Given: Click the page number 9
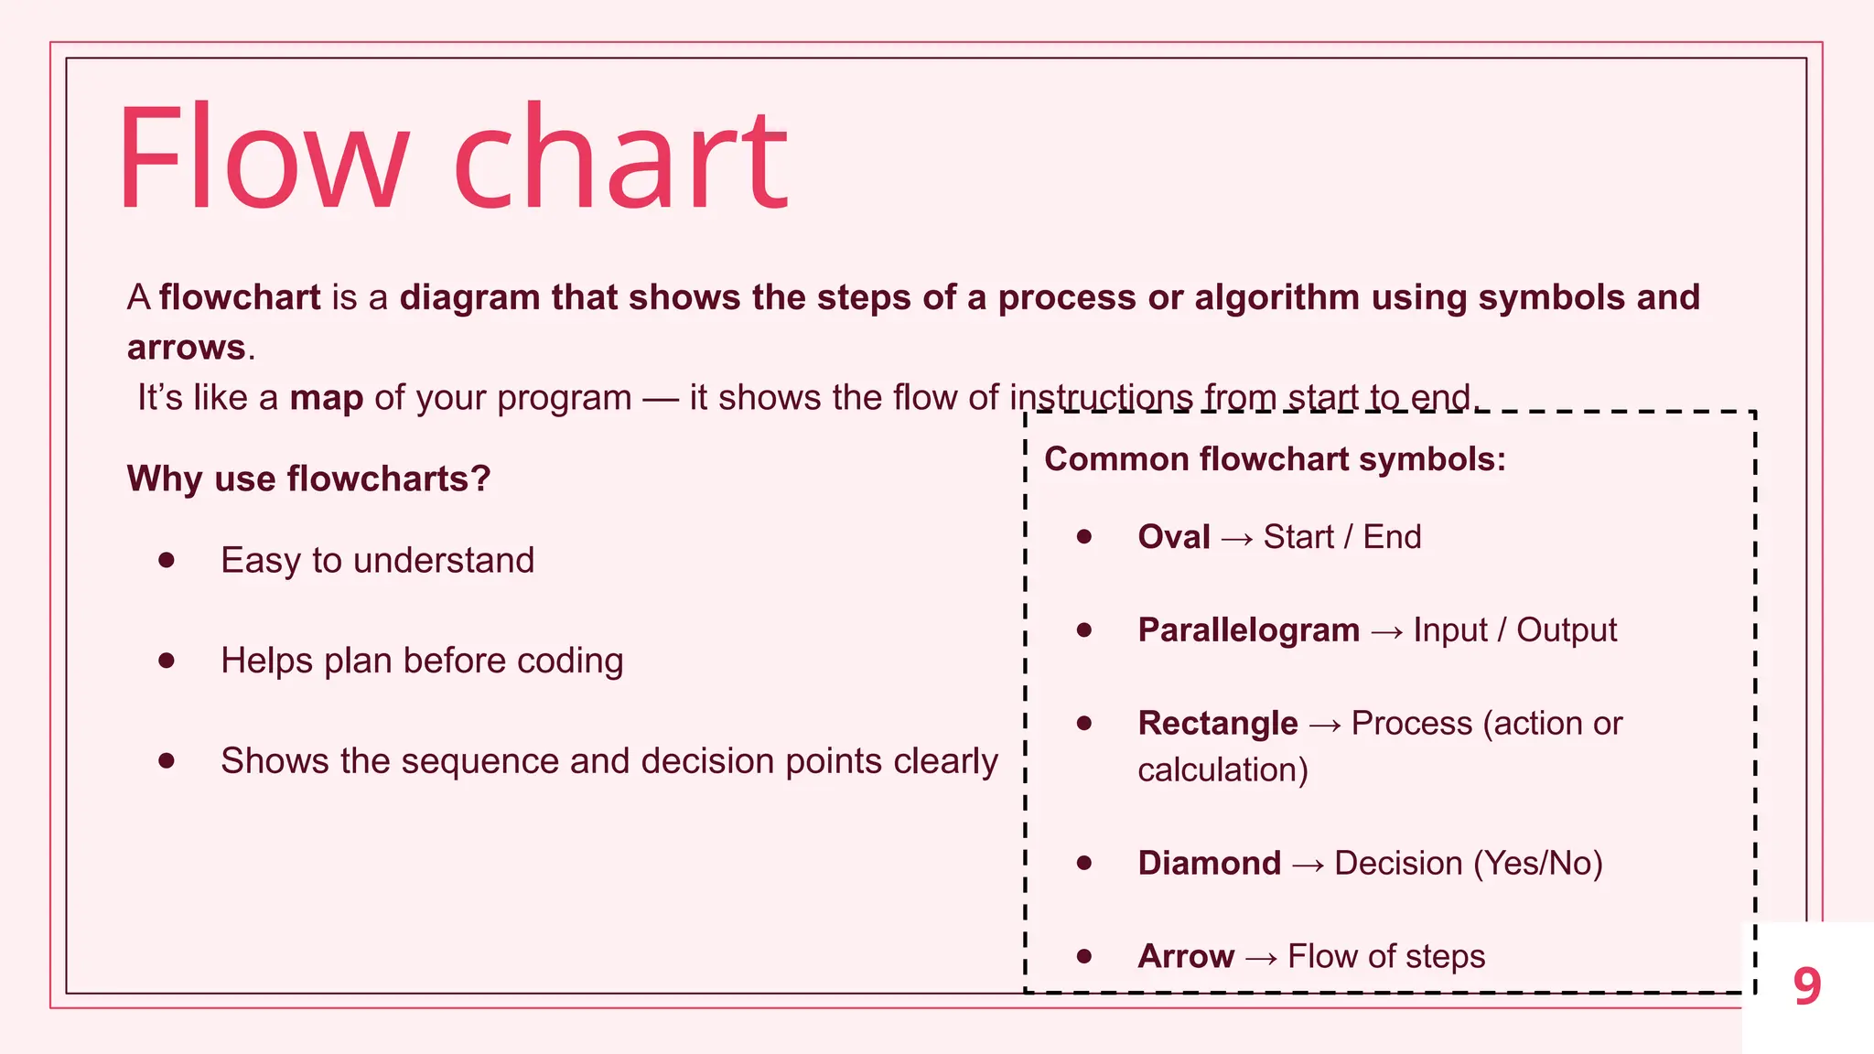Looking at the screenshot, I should coord(1807,986).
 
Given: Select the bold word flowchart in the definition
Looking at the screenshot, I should coord(240,297).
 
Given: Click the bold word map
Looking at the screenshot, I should coord(327,398).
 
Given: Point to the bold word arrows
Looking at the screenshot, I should coord(186,348).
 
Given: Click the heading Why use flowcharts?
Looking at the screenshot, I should coord(308,479).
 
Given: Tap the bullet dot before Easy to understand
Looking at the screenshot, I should coord(167,560).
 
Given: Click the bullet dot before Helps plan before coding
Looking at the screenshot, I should coord(167,660).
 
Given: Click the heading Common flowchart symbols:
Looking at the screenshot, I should coord(1275,458).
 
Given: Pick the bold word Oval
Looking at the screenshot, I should coord(1174,537).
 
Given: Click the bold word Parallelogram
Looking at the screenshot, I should coord(1248,630).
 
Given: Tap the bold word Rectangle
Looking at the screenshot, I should coord(1217,724).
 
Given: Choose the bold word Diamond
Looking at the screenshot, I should coord(1209,864).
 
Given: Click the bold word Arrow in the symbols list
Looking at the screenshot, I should coord(1186,957).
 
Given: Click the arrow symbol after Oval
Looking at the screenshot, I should coord(1237,539).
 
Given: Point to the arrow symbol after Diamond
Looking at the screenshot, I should coord(1309,866).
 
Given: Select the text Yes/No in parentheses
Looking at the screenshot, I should coord(1538,864).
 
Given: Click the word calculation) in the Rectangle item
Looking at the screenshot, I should coord(1222,770).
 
